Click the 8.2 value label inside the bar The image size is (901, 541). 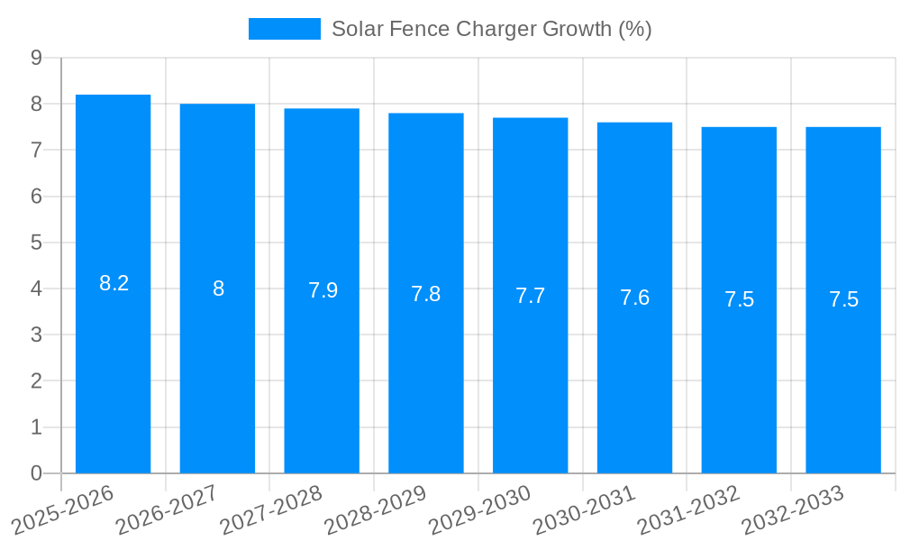click(x=114, y=283)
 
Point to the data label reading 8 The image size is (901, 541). click(x=218, y=289)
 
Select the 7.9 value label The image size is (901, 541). click(x=323, y=290)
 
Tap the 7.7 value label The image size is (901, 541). click(x=530, y=296)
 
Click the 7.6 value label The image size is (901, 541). click(x=634, y=298)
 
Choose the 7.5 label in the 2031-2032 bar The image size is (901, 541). click(x=739, y=300)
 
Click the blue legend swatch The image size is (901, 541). click(x=284, y=29)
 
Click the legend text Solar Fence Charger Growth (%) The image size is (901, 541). click(x=491, y=29)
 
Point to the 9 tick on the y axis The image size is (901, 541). click(x=36, y=58)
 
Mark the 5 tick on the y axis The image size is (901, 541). click(x=36, y=243)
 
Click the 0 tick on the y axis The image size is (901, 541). click(x=36, y=473)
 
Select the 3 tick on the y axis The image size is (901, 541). click(x=36, y=335)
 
